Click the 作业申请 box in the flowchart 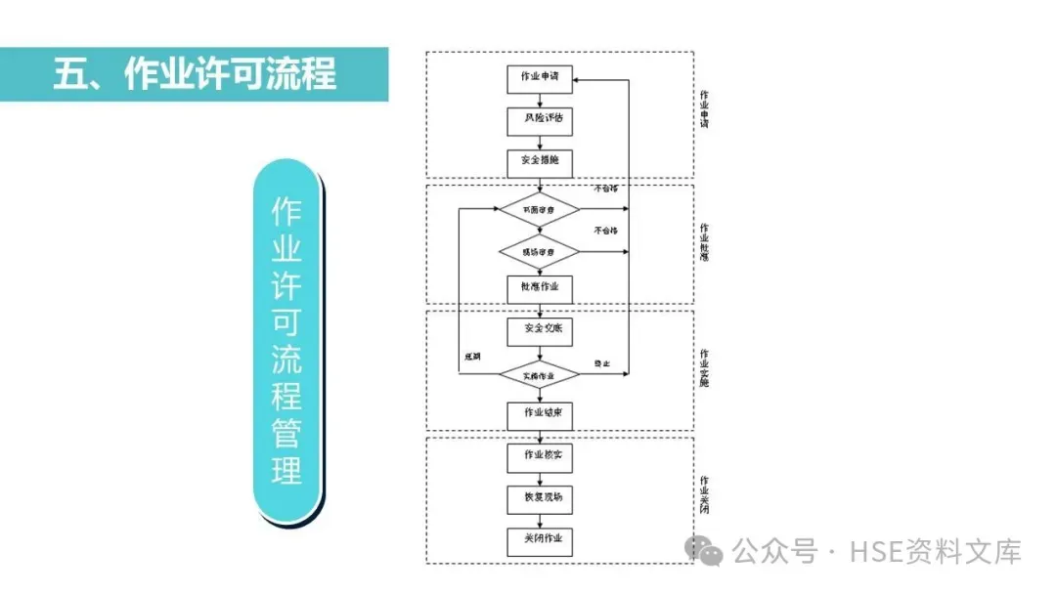(x=540, y=79)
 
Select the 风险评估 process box (x=540, y=120)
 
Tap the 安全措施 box (x=540, y=162)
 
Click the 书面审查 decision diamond (x=540, y=209)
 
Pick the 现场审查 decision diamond (x=540, y=251)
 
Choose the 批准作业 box (x=540, y=288)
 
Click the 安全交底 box (x=540, y=331)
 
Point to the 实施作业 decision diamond (x=540, y=375)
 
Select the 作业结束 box (x=540, y=415)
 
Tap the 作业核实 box (x=540, y=456)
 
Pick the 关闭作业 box (x=540, y=540)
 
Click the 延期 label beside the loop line (x=473, y=356)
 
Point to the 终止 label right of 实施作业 (x=602, y=363)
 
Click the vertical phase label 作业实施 (x=704, y=367)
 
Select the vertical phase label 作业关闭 (x=704, y=495)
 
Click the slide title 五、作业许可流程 (x=195, y=74)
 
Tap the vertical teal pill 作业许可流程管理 (x=287, y=342)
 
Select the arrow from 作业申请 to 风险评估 (x=540, y=100)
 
